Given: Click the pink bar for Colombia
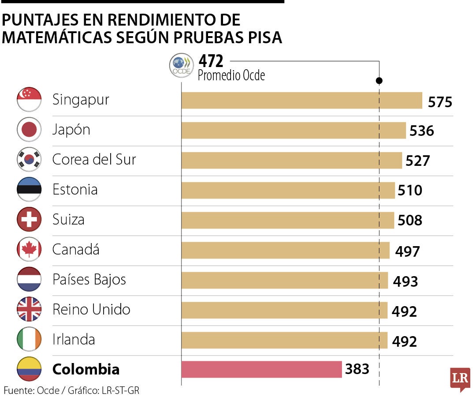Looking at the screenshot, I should pos(261,369).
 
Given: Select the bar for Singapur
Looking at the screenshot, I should pos(302,100).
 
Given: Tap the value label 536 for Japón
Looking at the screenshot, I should pos(422,131).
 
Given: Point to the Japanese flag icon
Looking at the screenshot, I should pos(29,130).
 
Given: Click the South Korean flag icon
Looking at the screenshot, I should pos(29,160).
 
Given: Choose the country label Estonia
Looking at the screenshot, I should pos(75,190).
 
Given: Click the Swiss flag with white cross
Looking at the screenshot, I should pos(29,219).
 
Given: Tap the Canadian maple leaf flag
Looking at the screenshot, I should pos(29,249).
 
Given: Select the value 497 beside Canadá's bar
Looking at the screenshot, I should pos(407,251).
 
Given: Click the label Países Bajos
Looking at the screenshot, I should pos(89,279).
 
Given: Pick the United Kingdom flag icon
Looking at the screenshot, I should pos(29,309).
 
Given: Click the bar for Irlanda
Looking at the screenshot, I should pos(284,340).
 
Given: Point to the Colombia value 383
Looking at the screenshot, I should pos(357,369).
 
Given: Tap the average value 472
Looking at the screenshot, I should pos(211,60).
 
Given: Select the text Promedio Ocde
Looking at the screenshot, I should pos(231,75).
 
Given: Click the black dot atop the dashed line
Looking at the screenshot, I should pos(379,81).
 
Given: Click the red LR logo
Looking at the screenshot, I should pos(460,378).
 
